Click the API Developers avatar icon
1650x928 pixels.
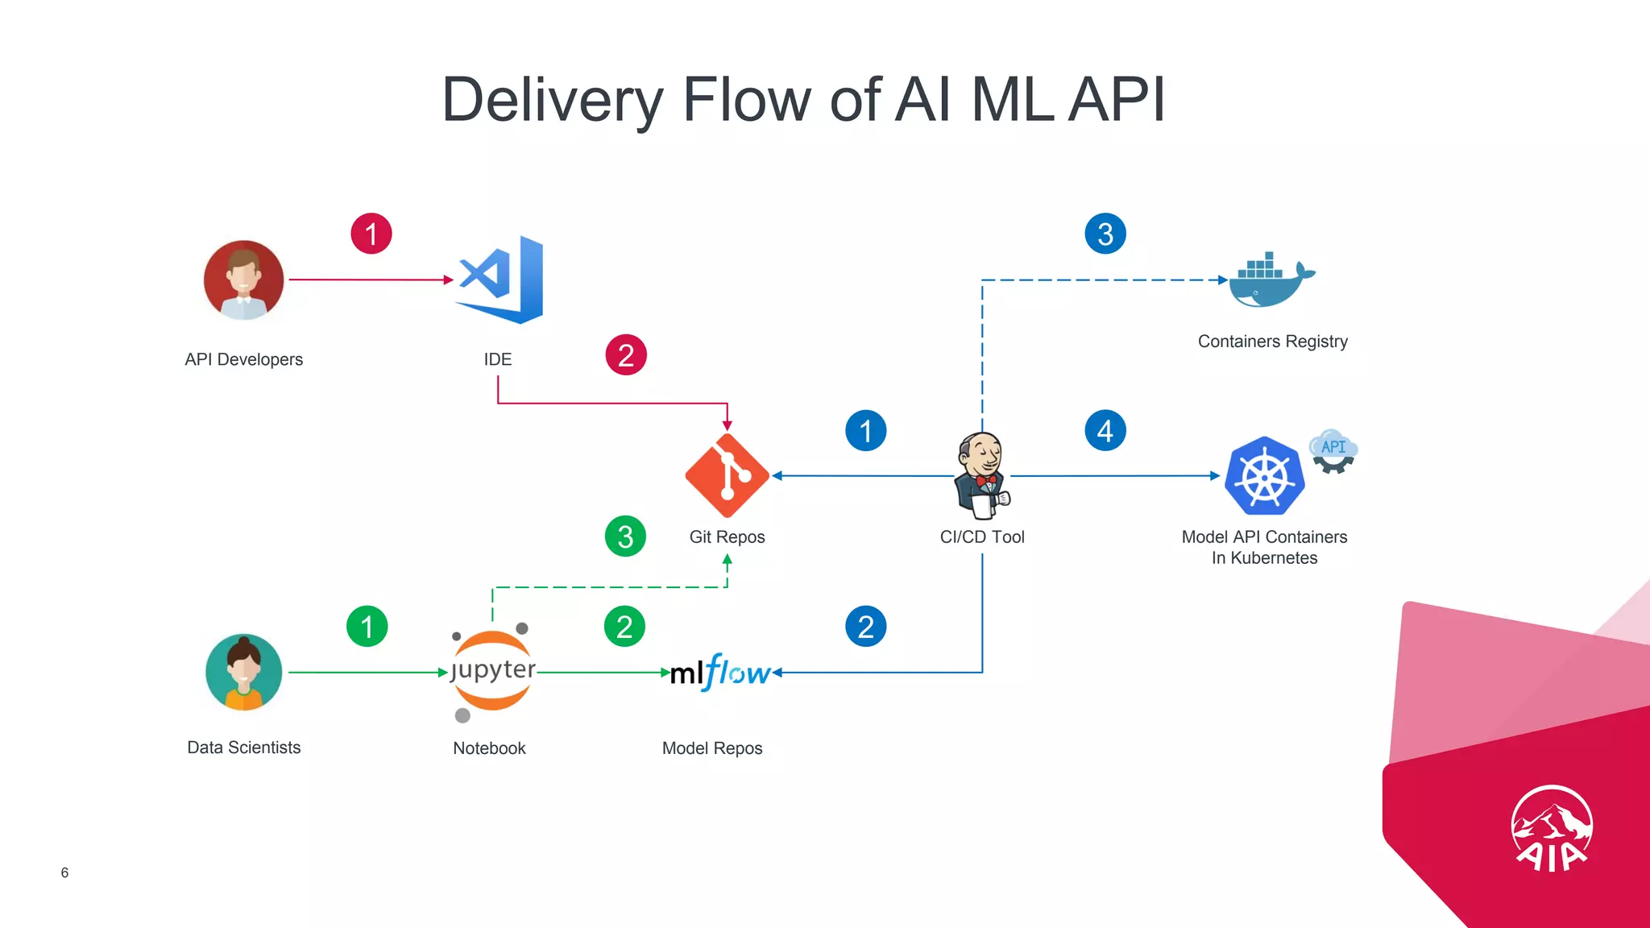pyautogui.click(x=244, y=280)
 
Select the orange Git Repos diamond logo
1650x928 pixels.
pyautogui.click(x=727, y=475)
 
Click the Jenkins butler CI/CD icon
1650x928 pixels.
pyautogui.click(x=981, y=475)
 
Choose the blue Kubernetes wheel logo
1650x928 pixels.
pyautogui.click(x=1264, y=476)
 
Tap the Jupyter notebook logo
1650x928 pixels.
pyautogui.click(x=491, y=671)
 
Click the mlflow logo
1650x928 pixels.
pyautogui.click(x=720, y=672)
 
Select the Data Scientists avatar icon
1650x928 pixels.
pyautogui.click(x=244, y=672)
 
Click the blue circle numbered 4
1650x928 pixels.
pyautogui.click(x=1105, y=430)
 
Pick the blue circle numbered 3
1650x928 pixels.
pyautogui.click(x=1105, y=234)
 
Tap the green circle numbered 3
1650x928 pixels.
pyautogui.click(x=625, y=536)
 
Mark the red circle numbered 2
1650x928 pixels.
pyautogui.click(x=626, y=355)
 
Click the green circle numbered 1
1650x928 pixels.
pyautogui.click(x=367, y=626)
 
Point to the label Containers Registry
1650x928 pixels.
pyautogui.click(x=1272, y=342)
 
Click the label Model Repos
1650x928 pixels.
pyautogui.click(x=712, y=748)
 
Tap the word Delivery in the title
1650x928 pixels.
pyautogui.click(x=553, y=100)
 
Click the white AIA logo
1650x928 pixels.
pyautogui.click(x=1551, y=829)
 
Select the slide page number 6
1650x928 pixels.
pyautogui.click(x=64, y=872)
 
